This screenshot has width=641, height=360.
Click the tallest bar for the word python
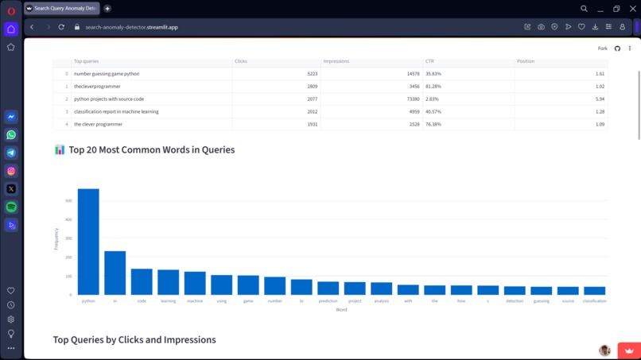coord(88,242)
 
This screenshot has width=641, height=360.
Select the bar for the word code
coord(142,282)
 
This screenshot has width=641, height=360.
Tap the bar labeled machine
coord(195,284)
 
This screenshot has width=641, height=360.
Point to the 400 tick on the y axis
coord(68,219)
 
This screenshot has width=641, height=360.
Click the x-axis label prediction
coord(328,301)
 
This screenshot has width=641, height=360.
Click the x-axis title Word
coord(341,310)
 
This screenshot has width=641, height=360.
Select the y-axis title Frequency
coord(56,239)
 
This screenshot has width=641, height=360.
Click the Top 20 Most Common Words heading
coord(151,149)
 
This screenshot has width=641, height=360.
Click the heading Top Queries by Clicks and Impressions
coord(134,339)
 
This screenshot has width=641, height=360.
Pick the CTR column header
coord(429,61)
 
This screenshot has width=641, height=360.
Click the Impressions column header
coord(336,61)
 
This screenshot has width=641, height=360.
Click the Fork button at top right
coord(602,48)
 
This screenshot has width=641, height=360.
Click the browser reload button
coord(61,27)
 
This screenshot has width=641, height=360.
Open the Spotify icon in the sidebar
coord(11,207)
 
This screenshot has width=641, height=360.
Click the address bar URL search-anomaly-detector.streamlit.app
coord(131,27)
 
